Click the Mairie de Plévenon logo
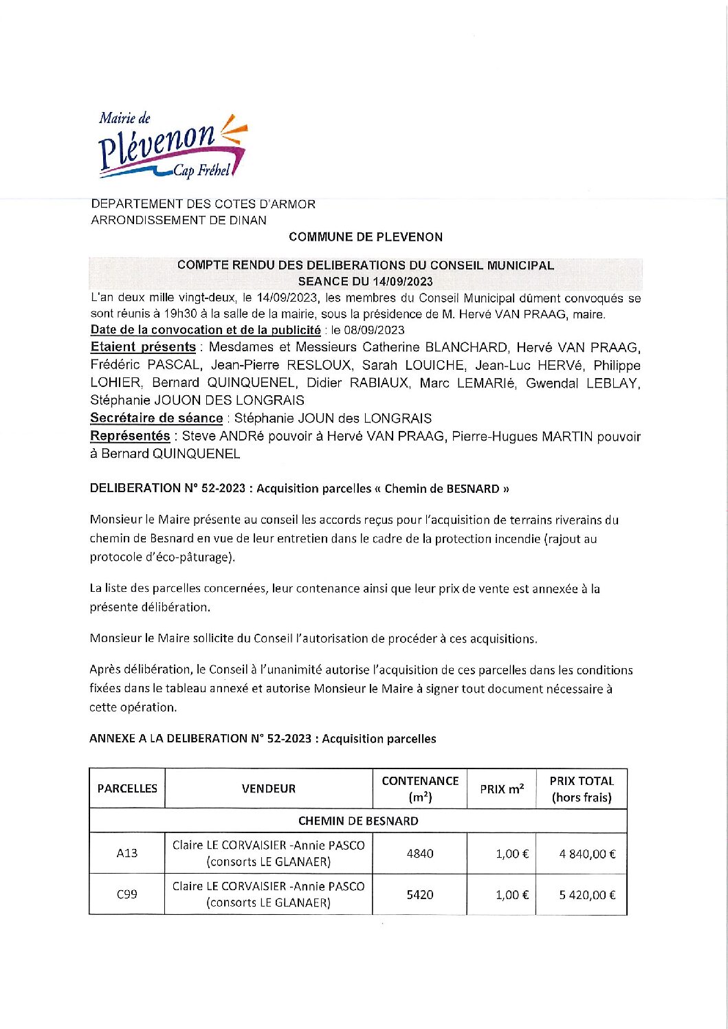(171, 146)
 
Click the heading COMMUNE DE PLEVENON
(365, 237)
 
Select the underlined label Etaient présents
(143, 347)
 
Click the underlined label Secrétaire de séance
(156, 418)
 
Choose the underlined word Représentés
(130, 436)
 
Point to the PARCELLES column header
(127, 789)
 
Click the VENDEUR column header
(268, 789)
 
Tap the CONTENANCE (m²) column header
(419, 789)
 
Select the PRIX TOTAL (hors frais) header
(581, 789)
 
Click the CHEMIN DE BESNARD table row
(357, 821)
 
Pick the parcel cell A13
(127, 854)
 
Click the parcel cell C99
(127, 894)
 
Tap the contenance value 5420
(419, 895)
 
